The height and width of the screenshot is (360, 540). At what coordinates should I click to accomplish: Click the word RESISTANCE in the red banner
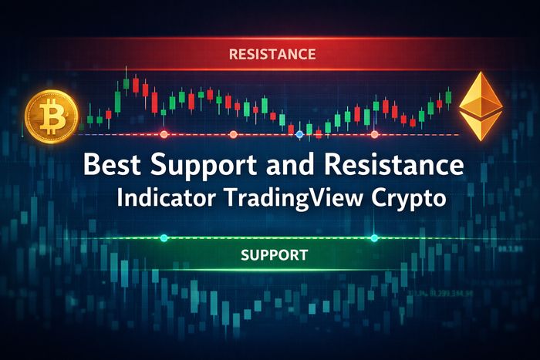272,55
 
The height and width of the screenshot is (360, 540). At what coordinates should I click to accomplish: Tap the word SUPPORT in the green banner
274,254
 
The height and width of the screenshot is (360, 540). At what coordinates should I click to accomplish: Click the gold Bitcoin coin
52,116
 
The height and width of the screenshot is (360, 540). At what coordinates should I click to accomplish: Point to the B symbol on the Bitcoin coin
52,116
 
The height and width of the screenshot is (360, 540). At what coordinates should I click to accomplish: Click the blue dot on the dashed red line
300,134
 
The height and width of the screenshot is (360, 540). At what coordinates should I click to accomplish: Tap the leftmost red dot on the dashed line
164,134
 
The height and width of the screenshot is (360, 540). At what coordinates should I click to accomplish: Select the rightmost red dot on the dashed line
374,134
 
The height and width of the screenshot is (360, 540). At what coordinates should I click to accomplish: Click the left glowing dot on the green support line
164,237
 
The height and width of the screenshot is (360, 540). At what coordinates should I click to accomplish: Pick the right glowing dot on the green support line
374,237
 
